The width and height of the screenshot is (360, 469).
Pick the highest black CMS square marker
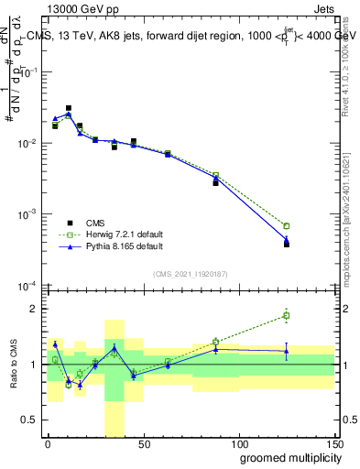69,108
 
